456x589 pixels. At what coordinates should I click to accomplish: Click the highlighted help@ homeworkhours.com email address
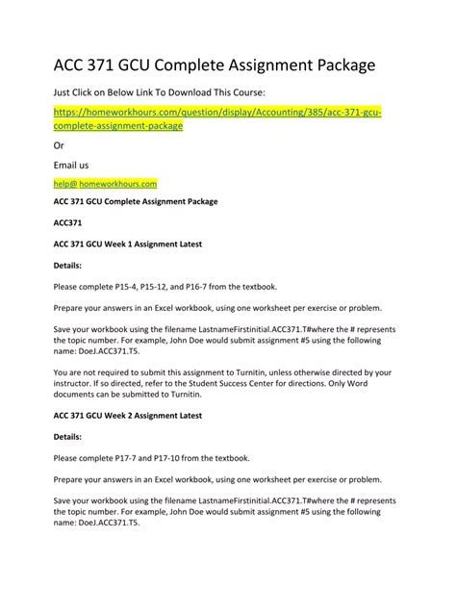105,183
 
